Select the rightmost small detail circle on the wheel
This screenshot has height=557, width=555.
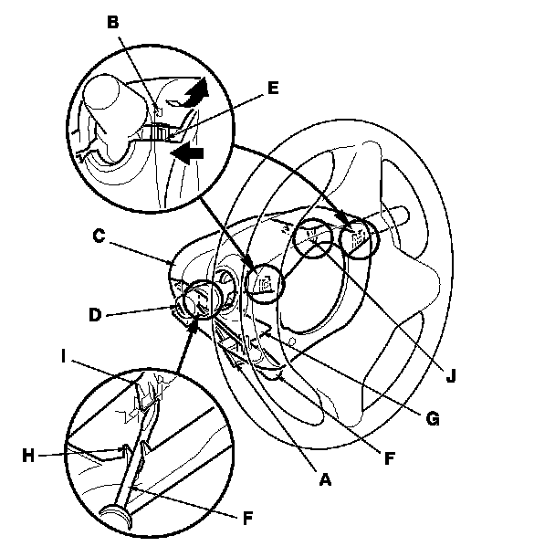(x=358, y=241)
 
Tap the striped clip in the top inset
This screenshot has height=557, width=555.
(x=159, y=132)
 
